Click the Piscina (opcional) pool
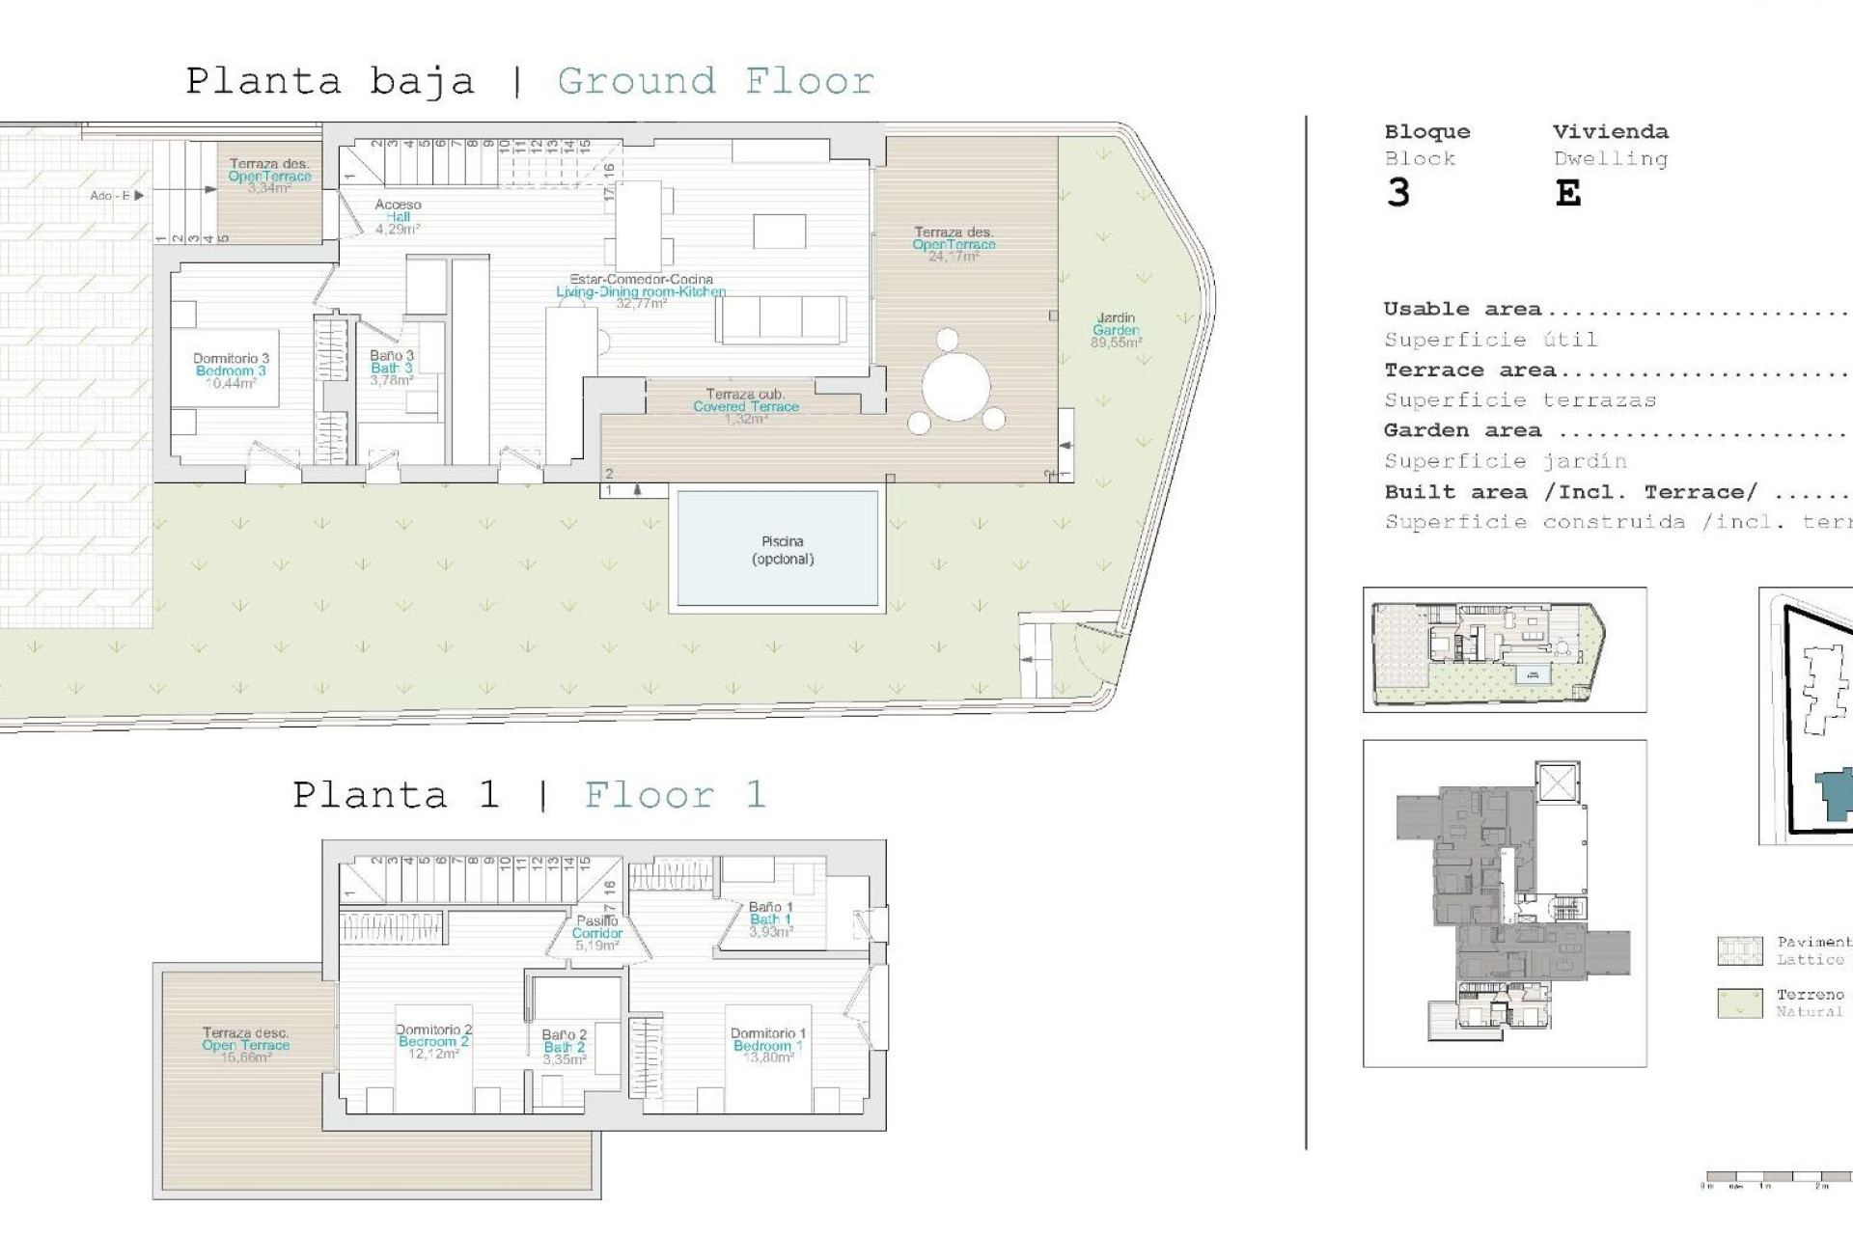[x=778, y=549]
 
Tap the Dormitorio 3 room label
[x=231, y=370]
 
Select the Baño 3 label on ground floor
[x=392, y=368]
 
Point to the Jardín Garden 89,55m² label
[x=1116, y=330]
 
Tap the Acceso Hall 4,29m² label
[x=398, y=217]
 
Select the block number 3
[x=1397, y=194]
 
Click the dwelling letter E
[x=1567, y=194]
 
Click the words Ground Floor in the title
[x=715, y=81]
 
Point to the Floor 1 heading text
[x=675, y=795]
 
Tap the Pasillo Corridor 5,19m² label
[x=597, y=933]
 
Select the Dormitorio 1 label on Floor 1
[x=768, y=1045]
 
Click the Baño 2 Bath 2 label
[x=565, y=1047]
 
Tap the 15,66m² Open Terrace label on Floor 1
[x=245, y=1045]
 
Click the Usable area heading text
[x=1461, y=310]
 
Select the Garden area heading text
[x=1461, y=431]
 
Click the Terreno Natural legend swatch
[x=1740, y=1003]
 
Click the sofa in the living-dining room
[x=781, y=319]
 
